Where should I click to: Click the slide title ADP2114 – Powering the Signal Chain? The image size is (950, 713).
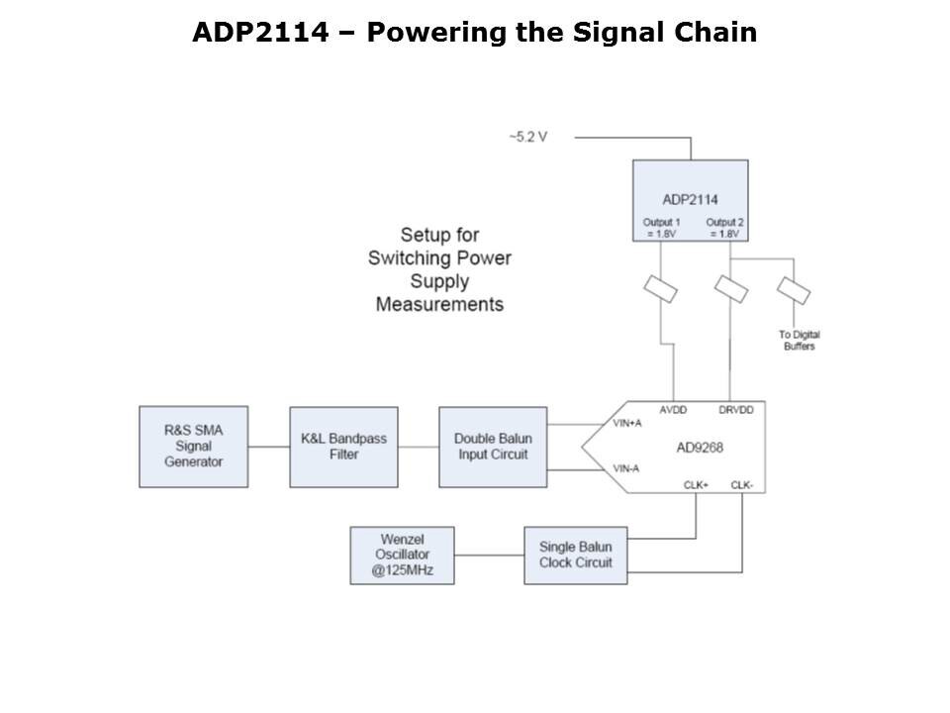coord(474,33)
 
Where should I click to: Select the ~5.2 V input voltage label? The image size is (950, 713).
coord(527,137)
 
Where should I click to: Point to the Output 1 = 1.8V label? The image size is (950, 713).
coord(661,228)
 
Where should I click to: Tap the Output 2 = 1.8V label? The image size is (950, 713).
coord(724,228)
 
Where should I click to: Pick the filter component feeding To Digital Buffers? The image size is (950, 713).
coord(794,290)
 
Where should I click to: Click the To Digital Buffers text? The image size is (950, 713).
coord(799,340)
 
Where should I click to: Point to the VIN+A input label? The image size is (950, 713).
coord(627,423)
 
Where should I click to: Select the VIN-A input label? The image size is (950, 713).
coord(625,468)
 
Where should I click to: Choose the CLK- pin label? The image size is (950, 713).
coord(742,484)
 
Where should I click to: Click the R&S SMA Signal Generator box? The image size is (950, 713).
coord(194,447)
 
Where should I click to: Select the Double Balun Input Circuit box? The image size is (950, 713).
coord(492,447)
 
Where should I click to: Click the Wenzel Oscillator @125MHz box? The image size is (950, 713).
coord(402,556)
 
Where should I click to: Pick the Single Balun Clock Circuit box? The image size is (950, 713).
coord(575,555)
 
